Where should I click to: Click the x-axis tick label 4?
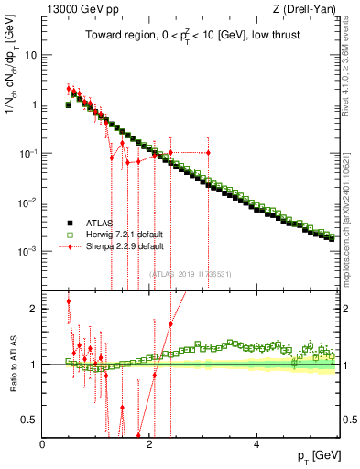(x=256, y=444)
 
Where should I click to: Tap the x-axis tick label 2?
(x=149, y=444)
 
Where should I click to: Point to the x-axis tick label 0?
(x=43, y=444)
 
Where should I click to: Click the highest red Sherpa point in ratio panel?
(x=69, y=301)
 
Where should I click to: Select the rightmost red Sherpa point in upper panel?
(x=208, y=152)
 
